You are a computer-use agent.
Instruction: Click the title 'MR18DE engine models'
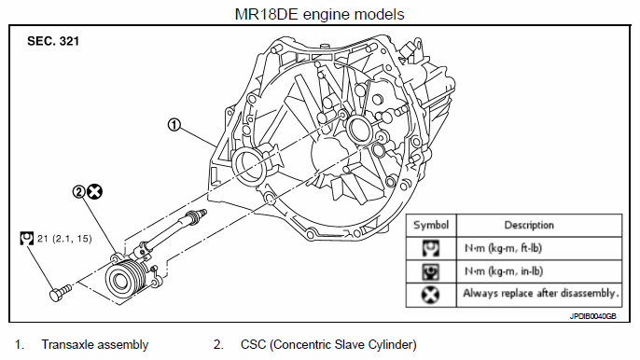[320, 14]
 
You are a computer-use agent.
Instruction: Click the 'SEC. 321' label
[53, 41]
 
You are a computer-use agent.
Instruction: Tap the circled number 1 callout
[174, 124]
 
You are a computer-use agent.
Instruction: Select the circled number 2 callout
[78, 191]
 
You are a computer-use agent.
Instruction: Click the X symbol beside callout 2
[95, 191]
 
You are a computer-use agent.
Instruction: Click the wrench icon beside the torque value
[26, 239]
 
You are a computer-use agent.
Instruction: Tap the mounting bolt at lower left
[61, 293]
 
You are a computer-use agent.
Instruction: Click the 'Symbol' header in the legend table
[431, 225]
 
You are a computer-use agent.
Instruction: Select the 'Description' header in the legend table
[529, 225]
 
